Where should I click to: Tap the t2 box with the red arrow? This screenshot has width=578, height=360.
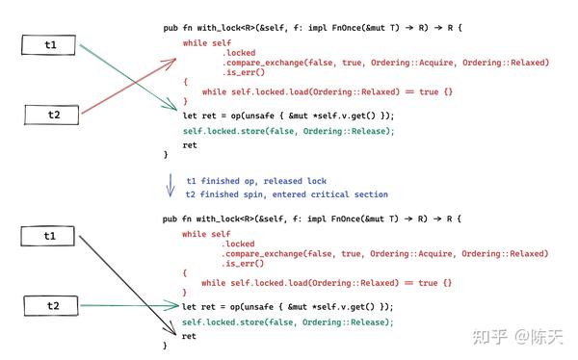click(x=53, y=115)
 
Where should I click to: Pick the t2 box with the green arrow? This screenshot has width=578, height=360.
click(x=53, y=306)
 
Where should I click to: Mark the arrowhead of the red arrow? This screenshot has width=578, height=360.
click(x=172, y=61)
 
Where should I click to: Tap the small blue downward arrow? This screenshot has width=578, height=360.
click(x=171, y=183)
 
